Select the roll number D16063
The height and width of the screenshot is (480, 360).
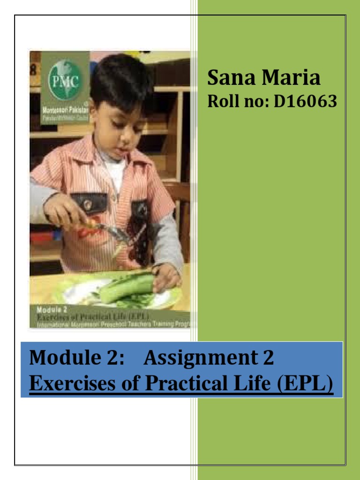[x=305, y=101]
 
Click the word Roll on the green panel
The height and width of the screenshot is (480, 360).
[x=222, y=101]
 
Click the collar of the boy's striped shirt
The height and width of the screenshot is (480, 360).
[x=96, y=155]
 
